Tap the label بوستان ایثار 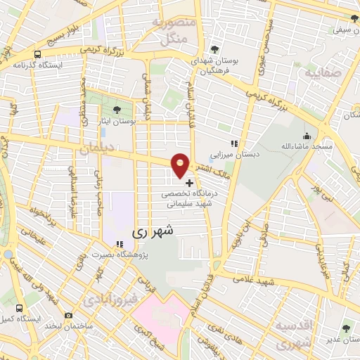point(118,122)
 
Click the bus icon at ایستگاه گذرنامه point(37,54)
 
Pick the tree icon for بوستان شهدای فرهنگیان point(214,49)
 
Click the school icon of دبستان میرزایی point(234,144)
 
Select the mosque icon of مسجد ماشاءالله point(305,136)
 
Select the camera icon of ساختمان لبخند point(68,316)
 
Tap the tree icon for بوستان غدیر point(346,328)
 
